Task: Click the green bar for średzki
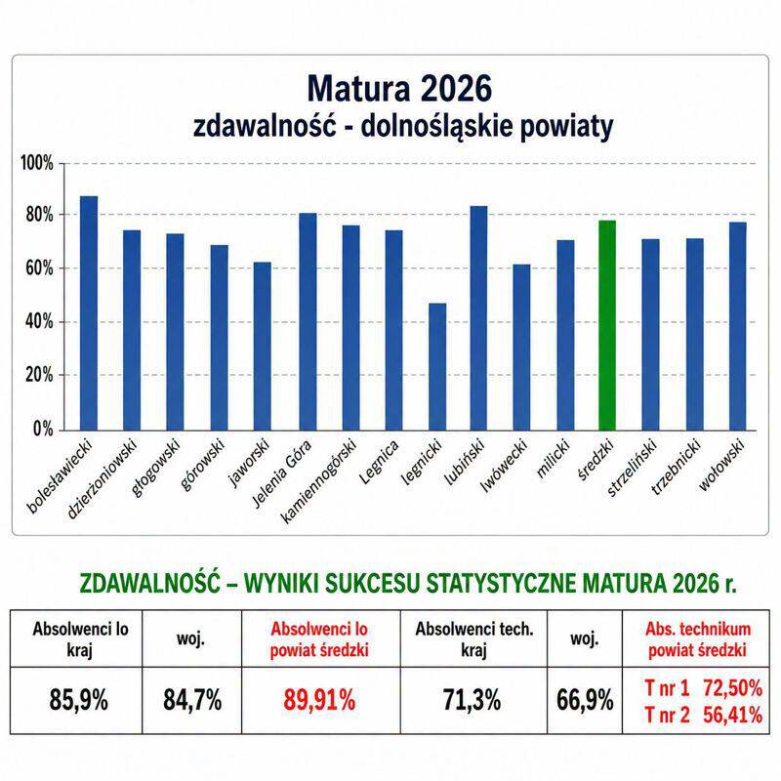point(607,325)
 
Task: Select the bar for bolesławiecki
point(89,313)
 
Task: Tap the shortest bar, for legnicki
point(437,367)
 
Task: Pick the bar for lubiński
point(478,318)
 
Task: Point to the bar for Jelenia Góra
point(308,322)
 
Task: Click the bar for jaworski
point(263,347)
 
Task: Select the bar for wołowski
point(738,326)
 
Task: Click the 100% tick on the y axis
point(37,163)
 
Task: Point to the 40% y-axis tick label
point(39,322)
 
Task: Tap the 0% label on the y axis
point(43,429)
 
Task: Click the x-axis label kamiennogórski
point(319,480)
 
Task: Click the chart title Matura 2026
point(399,89)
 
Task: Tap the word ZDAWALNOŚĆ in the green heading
point(149,583)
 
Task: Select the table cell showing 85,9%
point(78,700)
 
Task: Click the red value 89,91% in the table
point(319,699)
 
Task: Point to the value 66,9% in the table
point(585,700)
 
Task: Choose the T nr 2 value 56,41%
point(733,716)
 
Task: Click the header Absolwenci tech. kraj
point(473,639)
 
